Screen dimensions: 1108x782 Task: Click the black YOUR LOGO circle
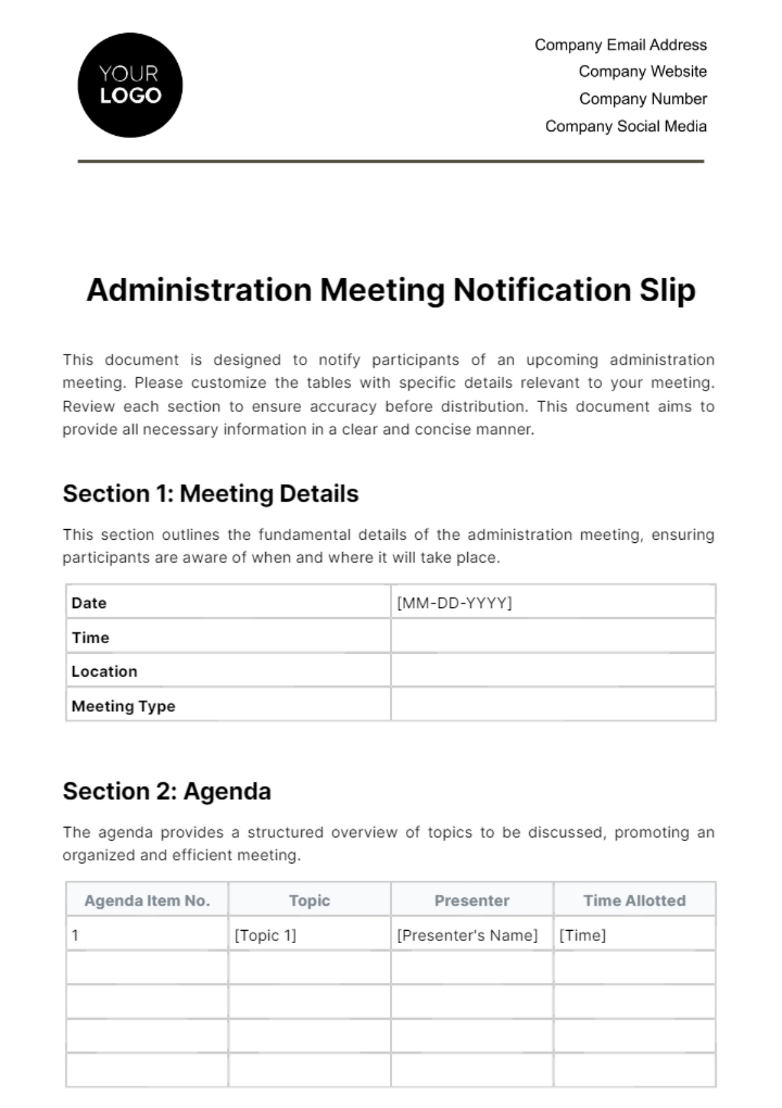pos(130,85)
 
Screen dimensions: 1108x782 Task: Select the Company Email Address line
pos(620,45)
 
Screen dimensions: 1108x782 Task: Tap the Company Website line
pos(643,72)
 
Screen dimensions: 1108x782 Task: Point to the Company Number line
pos(643,99)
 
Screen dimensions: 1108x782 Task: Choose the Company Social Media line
pos(626,126)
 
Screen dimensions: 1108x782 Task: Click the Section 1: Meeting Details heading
pos(210,494)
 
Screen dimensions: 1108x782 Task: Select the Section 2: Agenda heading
pos(167,791)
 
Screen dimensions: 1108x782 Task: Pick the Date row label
pos(89,603)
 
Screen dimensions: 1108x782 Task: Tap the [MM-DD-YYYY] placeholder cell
pos(454,603)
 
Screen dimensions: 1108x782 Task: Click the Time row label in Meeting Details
pos(91,637)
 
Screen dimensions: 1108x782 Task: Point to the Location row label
pos(104,671)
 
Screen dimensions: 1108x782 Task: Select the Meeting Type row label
pos(123,706)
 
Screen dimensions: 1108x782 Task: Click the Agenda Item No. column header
pos(147,901)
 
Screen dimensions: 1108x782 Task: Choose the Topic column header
pos(310,901)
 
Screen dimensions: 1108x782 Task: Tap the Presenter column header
pos(472,901)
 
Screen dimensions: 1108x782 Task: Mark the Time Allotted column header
pos(634,901)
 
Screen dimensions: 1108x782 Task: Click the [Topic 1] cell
pos(265,935)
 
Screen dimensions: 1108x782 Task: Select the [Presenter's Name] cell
pos(467,935)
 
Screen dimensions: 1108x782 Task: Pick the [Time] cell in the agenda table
pos(583,935)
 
